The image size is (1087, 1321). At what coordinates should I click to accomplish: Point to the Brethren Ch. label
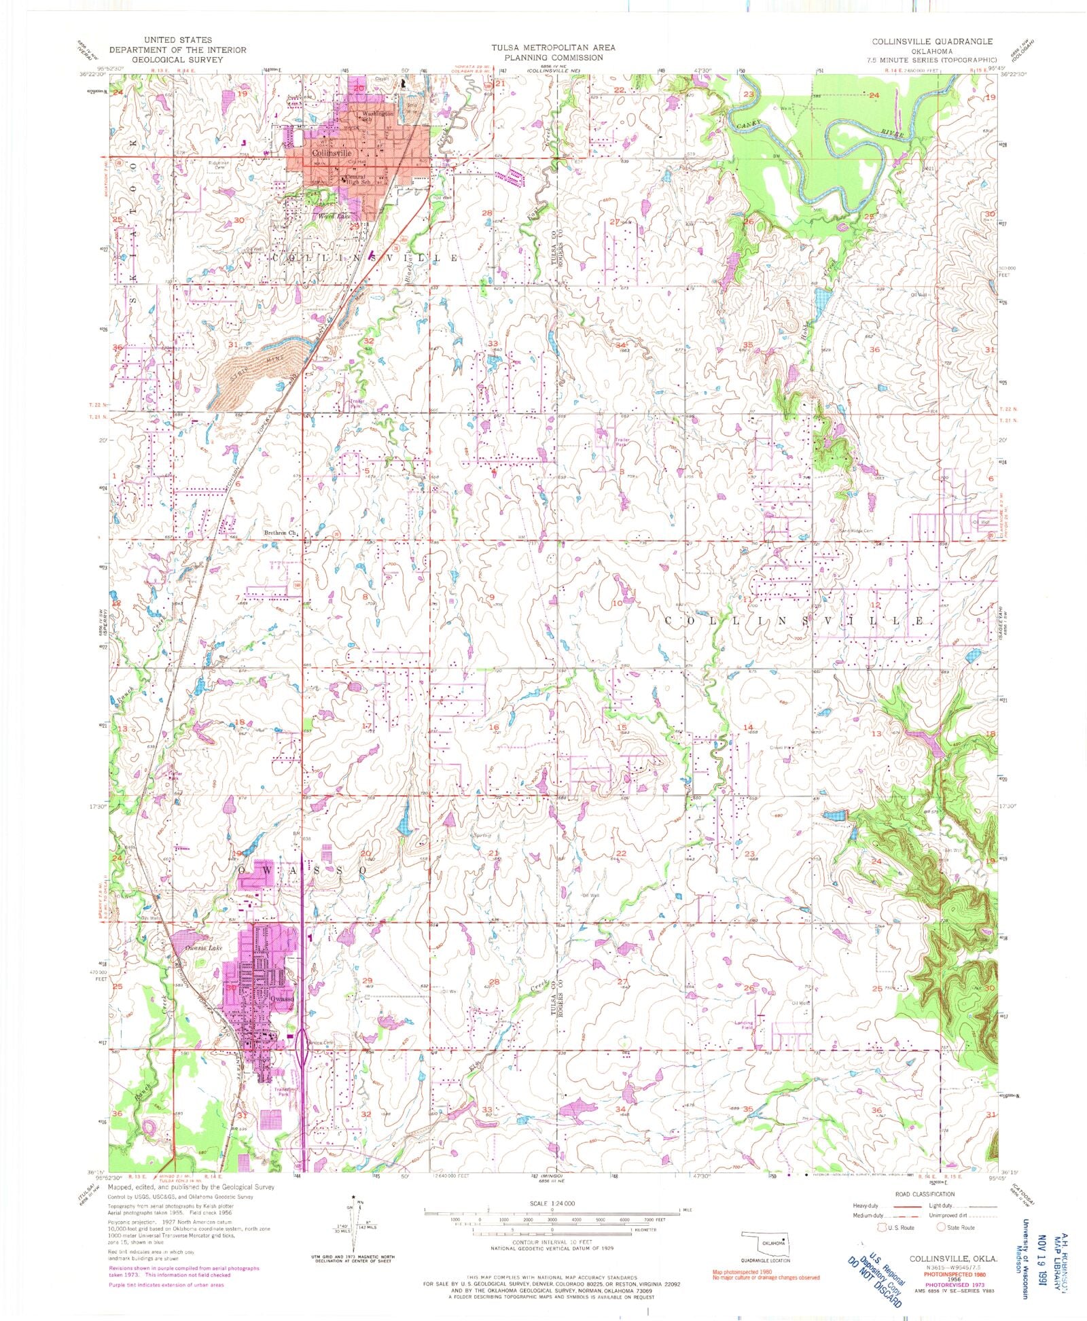pyautogui.click(x=280, y=533)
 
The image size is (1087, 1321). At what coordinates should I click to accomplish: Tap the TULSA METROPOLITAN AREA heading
pyautogui.click(x=554, y=48)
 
